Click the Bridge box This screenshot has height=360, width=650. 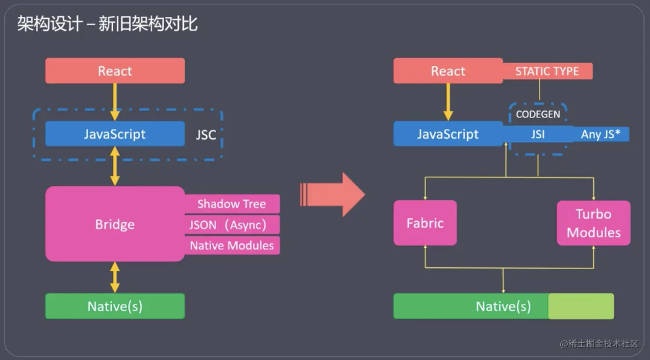point(115,224)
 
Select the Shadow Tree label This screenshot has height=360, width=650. point(231,204)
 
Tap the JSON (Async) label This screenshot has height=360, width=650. point(231,225)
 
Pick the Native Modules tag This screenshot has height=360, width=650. point(231,245)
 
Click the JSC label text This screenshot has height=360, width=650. point(206,135)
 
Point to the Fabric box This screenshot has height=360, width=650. point(425,223)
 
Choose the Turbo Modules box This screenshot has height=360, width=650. point(593,223)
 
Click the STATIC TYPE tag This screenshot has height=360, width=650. point(547,71)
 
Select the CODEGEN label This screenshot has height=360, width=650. point(538,115)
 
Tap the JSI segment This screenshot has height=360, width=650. point(538,134)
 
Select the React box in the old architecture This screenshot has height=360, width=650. point(115,71)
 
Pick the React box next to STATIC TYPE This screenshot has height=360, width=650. point(448,71)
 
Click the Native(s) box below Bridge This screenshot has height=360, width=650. point(115,307)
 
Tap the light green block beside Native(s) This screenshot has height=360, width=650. point(581,307)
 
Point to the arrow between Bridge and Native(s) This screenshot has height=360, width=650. point(115,277)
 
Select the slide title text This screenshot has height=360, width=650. point(107,24)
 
